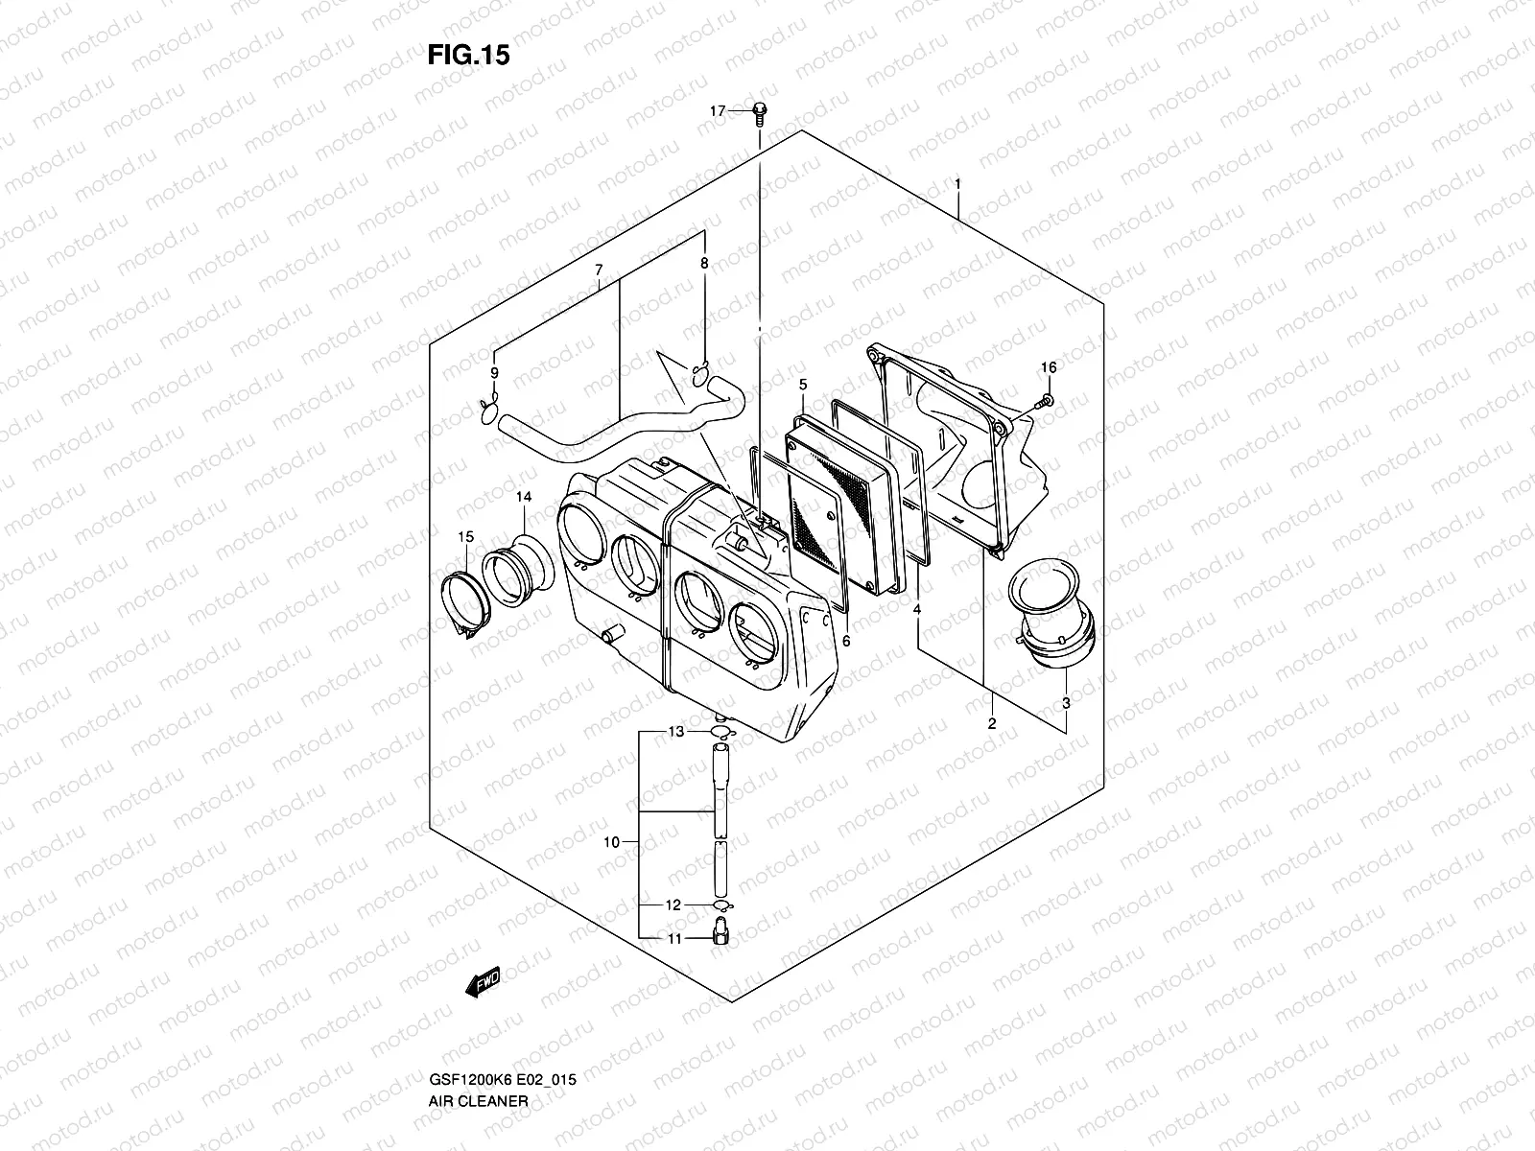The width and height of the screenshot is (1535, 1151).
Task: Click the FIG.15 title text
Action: coord(468,56)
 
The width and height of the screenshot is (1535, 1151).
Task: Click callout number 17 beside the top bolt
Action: coord(718,112)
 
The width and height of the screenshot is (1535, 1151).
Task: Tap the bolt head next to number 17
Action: coord(759,110)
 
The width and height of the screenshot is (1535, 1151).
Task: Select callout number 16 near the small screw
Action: coord(1048,368)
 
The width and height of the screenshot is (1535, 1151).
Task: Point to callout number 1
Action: coord(956,182)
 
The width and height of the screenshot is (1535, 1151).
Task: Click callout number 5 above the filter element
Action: coord(803,385)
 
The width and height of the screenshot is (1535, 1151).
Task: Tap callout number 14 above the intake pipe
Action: coord(523,497)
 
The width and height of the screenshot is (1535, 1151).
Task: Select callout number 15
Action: coord(465,536)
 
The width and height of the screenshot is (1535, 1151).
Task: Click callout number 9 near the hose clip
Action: coord(495,373)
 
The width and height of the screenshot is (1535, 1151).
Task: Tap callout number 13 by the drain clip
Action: coord(676,732)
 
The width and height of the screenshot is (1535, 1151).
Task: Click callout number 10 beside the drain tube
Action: coord(611,843)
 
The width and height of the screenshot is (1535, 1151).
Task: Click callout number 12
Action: coord(673,904)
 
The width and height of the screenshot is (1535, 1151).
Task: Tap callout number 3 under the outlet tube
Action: coord(1067,703)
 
